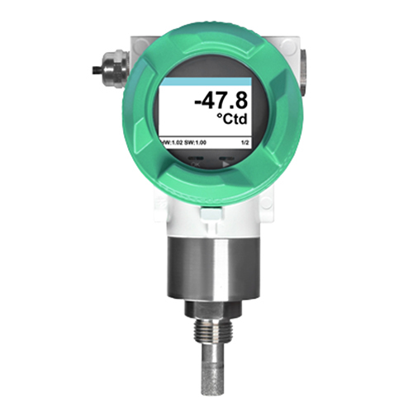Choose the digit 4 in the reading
click(x=210, y=102)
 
